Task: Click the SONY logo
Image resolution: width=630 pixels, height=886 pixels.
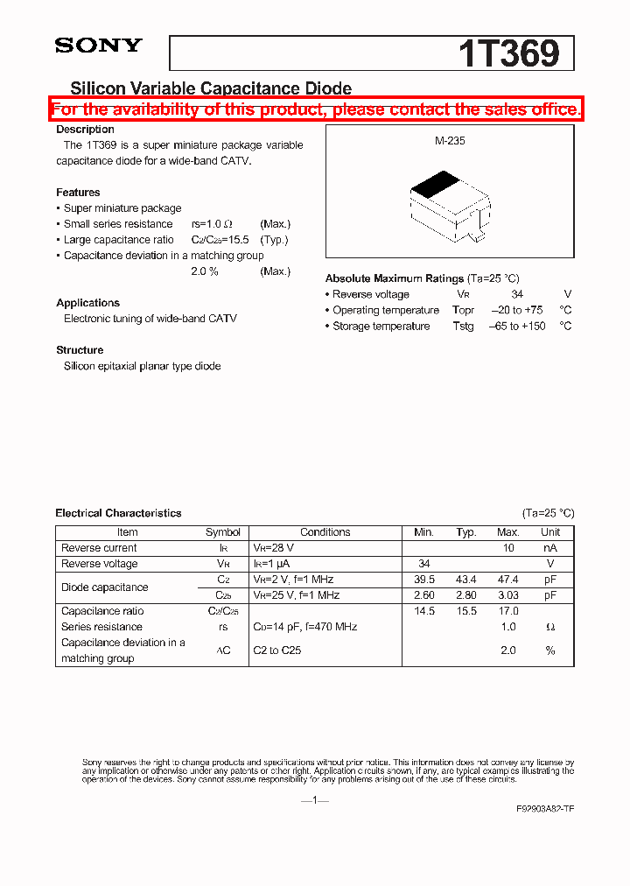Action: click(98, 46)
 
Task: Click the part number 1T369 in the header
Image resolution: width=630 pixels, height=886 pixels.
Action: click(508, 53)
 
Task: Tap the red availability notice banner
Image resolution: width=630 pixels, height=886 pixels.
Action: click(315, 109)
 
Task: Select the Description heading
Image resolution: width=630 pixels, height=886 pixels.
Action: click(85, 130)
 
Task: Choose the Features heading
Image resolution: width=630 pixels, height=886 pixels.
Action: click(78, 193)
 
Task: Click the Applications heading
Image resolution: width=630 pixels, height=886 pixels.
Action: click(87, 303)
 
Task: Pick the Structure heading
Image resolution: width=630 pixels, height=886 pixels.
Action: click(80, 350)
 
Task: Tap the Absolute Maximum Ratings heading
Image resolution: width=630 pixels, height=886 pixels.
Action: click(395, 278)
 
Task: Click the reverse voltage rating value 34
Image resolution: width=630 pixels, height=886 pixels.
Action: click(517, 295)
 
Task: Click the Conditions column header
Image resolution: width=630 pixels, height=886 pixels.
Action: click(325, 532)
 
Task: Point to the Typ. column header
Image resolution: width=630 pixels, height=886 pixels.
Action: click(466, 532)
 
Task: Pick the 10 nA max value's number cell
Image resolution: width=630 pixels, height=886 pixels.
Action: click(507, 548)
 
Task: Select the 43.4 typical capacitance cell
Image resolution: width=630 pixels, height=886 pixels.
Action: click(466, 580)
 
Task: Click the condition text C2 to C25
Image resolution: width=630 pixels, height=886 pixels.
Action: click(277, 650)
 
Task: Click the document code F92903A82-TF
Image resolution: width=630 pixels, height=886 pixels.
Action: click(545, 810)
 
